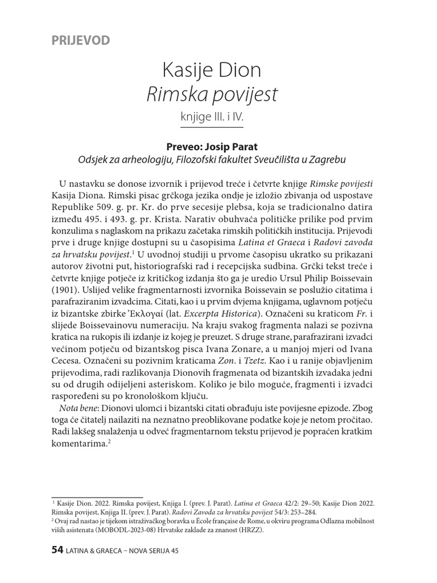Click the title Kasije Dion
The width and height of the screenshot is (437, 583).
[x=212, y=71]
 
